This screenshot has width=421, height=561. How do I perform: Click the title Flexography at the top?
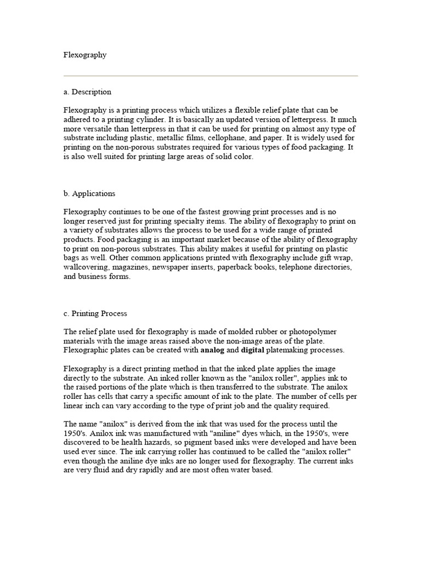point(85,55)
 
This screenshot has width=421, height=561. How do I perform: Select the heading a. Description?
point(88,91)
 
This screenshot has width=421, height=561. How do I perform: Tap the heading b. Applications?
point(90,193)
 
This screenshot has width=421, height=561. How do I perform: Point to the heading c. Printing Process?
point(95,313)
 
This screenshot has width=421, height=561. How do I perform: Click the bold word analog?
point(213,350)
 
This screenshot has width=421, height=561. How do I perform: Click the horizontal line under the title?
point(210,76)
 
